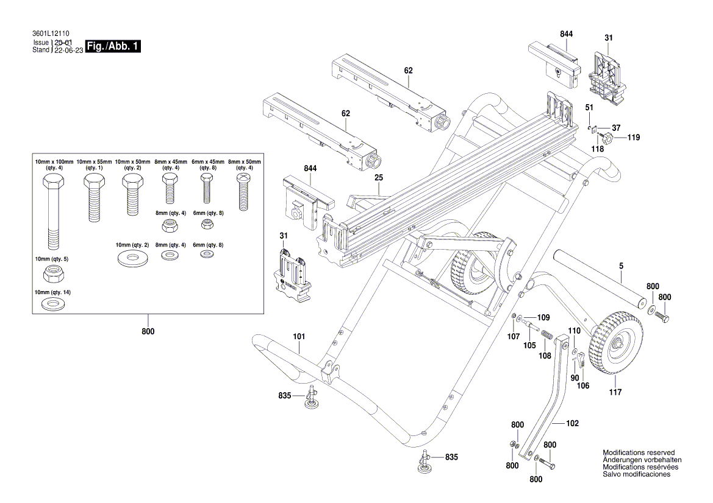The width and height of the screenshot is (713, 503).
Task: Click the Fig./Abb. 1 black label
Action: click(x=114, y=47)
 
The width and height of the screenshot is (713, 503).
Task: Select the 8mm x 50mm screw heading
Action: click(x=244, y=165)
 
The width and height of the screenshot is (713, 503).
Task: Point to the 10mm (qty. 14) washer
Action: click(x=52, y=303)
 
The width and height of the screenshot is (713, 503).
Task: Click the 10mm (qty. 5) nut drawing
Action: click(x=51, y=275)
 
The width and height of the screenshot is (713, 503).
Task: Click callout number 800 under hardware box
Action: click(x=148, y=331)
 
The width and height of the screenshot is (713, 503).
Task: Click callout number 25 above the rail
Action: click(x=378, y=178)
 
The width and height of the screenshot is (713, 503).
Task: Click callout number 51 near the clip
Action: click(x=589, y=108)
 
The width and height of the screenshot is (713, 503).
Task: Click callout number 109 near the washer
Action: click(x=543, y=317)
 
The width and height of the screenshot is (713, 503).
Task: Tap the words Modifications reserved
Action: click(x=639, y=452)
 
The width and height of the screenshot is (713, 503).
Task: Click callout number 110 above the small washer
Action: click(x=574, y=331)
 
